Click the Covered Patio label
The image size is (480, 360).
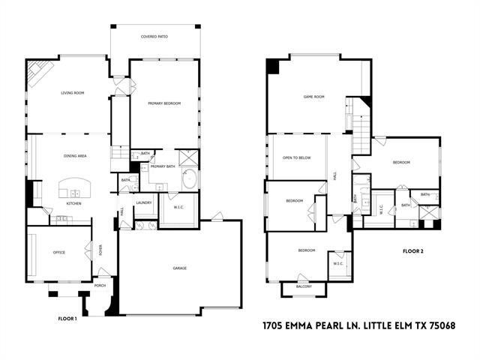154,36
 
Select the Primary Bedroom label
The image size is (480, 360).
164,103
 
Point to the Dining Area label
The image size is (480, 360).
76,155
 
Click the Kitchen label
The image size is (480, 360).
73,203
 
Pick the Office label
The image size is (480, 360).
58,252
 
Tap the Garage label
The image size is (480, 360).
180,268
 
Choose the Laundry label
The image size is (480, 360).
144,202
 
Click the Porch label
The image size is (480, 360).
100,286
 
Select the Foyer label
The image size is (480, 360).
101,251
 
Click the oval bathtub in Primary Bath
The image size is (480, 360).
190,180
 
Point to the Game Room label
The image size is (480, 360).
313,97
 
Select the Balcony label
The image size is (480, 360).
304,286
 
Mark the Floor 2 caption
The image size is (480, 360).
413,250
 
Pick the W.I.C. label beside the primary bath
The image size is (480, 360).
178,208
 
